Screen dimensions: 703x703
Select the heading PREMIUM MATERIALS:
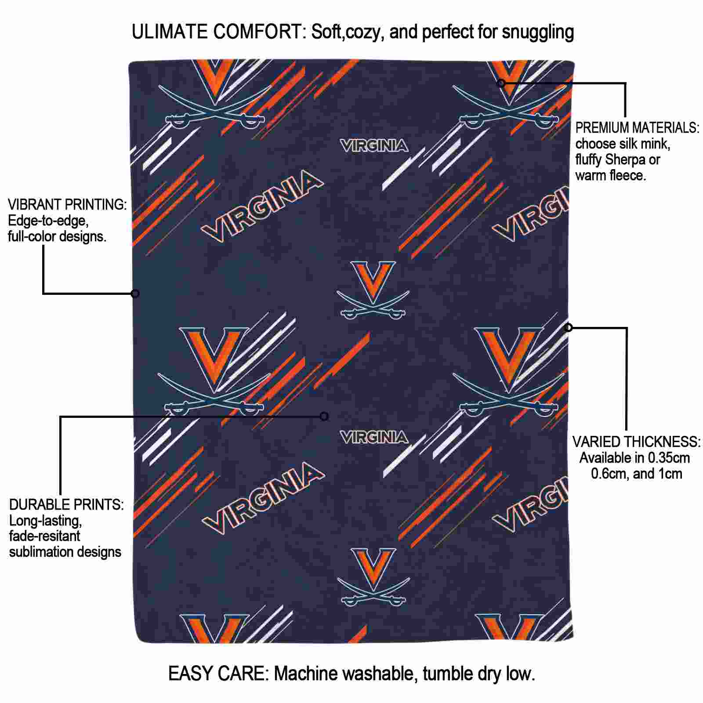[x=637, y=128]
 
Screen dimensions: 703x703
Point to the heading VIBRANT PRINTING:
[x=67, y=204]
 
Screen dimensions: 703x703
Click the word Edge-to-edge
[x=48, y=221]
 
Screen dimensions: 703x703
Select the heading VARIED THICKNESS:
[x=636, y=442]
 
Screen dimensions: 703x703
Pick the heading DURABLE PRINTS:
[x=66, y=504]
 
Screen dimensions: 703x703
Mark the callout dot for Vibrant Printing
[x=135, y=294]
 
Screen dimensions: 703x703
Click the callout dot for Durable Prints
[x=324, y=416]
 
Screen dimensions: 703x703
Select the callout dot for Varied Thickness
[x=569, y=327]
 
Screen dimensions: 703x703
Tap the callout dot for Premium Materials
[x=501, y=83]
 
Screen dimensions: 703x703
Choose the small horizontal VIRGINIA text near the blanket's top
[x=374, y=146]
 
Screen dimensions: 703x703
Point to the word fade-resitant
[x=45, y=536]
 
